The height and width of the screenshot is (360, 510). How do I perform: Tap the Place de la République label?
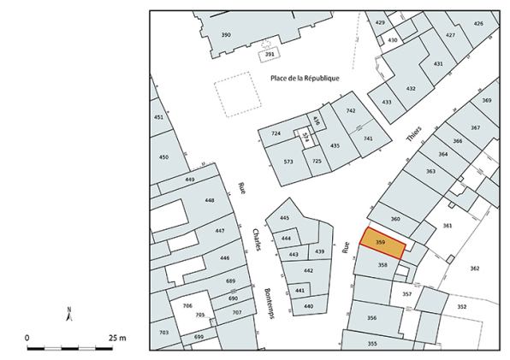[x=305, y=79]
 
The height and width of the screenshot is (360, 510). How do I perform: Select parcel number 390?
[x=226, y=34]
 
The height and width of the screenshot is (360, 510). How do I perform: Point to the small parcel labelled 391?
[x=269, y=55]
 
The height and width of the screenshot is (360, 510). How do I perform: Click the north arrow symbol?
[x=68, y=314]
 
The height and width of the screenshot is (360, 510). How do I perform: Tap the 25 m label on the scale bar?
[x=116, y=338]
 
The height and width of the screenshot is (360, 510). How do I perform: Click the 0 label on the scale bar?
[x=27, y=338]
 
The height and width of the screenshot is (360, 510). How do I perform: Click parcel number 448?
[x=209, y=199]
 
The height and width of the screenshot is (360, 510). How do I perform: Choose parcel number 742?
[x=350, y=111]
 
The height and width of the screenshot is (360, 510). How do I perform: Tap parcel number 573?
[x=288, y=161]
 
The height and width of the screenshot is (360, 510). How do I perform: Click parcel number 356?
[x=371, y=317]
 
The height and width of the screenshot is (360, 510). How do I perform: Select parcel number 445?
[x=284, y=218]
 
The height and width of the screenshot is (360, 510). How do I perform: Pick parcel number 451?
[x=158, y=117]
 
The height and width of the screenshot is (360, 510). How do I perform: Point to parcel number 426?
[x=477, y=23]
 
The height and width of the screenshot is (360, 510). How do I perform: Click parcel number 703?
[x=163, y=331]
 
